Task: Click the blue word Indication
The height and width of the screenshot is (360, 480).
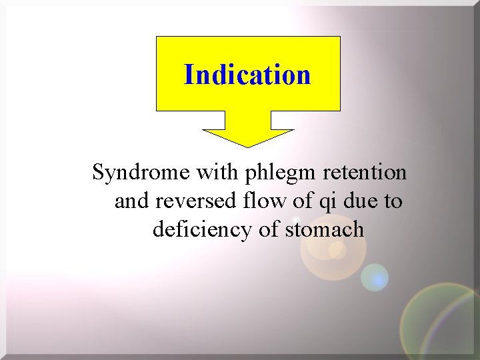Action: coord(247,75)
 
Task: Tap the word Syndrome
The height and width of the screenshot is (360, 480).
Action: coord(141,173)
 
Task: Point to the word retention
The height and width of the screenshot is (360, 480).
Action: coord(365,173)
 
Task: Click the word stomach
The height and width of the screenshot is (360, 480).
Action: coord(325,230)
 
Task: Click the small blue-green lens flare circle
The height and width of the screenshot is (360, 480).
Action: coord(375,277)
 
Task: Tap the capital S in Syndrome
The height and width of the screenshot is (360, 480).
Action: coord(99,173)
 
